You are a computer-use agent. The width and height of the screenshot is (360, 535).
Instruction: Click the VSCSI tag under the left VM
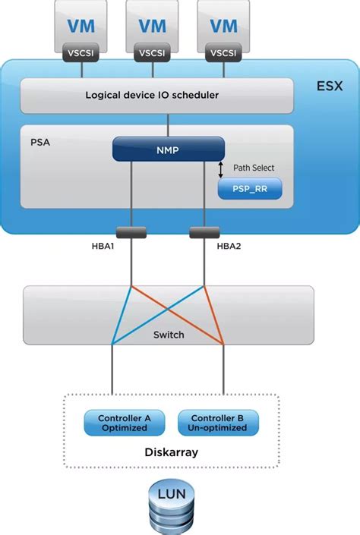tap(81, 54)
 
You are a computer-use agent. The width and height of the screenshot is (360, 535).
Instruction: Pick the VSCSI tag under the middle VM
tap(152, 54)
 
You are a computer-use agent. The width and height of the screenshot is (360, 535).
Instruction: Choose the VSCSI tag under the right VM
tap(223, 54)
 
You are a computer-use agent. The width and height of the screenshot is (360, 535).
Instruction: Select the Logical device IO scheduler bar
tap(156, 95)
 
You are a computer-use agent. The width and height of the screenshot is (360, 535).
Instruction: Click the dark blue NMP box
tap(169, 149)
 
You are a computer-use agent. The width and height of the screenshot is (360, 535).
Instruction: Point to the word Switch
tap(168, 334)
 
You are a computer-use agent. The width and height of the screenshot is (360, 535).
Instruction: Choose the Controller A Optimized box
tap(124, 423)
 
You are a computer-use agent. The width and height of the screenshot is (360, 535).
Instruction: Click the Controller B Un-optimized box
tap(218, 423)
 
